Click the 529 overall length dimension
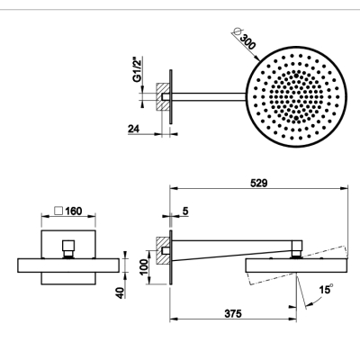pyautogui.click(x=258, y=183)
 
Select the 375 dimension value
pyautogui.click(x=233, y=314)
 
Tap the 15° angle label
pyautogui.click(x=326, y=290)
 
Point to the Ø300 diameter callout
pyautogui.click(x=245, y=39)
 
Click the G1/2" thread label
pyautogui.click(x=138, y=69)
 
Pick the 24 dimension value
pyautogui.click(x=134, y=129)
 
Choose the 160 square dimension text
pyautogui.click(x=74, y=211)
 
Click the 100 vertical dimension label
pyautogui.click(x=144, y=267)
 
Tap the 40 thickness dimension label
pyautogui.click(x=120, y=292)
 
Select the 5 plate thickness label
pyautogui.click(x=185, y=211)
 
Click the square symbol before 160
pyautogui.click(x=58, y=211)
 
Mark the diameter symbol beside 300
pyautogui.click(x=237, y=31)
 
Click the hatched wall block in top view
pyautogui.click(x=163, y=96)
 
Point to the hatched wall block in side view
pyautogui.click(x=163, y=250)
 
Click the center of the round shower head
pyautogui.click(x=296, y=96)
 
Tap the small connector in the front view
pyautogui.click(x=68, y=248)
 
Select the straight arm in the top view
pyautogui.click(x=209, y=96)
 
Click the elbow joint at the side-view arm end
pyautogui.click(x=296, y=248)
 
